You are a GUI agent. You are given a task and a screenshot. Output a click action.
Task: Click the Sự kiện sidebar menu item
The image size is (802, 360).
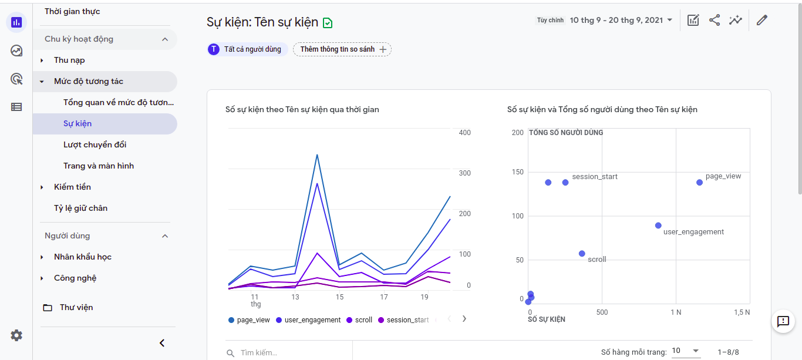(x=77, y=124)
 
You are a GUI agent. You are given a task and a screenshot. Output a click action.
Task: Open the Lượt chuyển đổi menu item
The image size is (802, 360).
(x=95, y=145)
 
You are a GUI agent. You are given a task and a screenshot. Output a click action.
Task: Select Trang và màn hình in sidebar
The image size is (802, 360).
(x=98, y=166)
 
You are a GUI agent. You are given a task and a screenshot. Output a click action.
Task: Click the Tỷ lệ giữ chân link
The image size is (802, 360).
(x=80, y=208)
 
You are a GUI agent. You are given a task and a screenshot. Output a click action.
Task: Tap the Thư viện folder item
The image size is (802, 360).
(x=76, y=308)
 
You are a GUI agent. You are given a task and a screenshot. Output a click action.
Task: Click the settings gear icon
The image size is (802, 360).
(x=16, y=335)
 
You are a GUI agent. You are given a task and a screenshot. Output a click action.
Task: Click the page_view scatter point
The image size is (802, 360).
(x=699, y=183)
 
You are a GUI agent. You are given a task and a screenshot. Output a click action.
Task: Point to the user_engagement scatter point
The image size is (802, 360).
(x=658, y=226)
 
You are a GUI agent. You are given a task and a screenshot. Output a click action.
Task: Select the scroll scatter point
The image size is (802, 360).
(x=582, y=254)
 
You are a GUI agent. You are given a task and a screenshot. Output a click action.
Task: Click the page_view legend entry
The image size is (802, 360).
(x=249, y=320)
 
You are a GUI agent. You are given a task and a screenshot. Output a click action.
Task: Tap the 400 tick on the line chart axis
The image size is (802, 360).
(x=464, y=133)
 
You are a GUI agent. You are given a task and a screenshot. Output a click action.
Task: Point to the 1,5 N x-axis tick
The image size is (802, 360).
(x=743, y=312)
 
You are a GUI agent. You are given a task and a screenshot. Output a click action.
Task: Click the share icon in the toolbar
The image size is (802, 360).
(x=715, y=21)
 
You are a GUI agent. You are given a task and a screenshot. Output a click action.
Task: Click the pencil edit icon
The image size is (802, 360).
(x=762, y=21)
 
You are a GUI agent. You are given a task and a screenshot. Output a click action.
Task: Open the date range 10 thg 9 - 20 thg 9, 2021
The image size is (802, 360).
(x=621, y=21)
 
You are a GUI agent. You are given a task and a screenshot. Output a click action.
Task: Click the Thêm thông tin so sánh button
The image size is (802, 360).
(x=342, y=49)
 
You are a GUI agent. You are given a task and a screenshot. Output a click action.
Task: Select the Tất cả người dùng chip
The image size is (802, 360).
(x=247, y=49)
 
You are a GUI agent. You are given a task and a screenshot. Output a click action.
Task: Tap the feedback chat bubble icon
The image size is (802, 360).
(x=783, y=321)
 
